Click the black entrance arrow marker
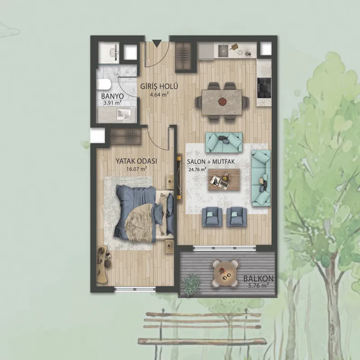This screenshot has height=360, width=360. pyautogui.click(x=157, y=44)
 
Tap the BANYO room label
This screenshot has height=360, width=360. pyautogui.click(x=112, y=96)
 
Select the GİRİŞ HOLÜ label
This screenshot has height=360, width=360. pyautogui.click(x=159, y=86)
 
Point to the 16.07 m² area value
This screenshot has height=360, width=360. pyautogui.click(x=137, y=169)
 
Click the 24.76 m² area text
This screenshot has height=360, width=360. pyautogui.click(x=197, y=170)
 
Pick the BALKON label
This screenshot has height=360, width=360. pyautogui.click(x=258, y=279)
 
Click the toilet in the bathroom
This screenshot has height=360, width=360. pyautogui.click(x=104, y=85)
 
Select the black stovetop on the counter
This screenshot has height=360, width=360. pyautogui.click(x=264, y=88)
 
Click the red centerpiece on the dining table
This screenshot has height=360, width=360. pyautogui.click(x=222, y=100)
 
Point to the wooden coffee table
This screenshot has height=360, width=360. pyautogui.click(x=224, y=180)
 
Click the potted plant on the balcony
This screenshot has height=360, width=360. pyautogui.click(x=192, y=284)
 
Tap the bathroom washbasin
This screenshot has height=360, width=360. pyautogui.click(x=124, y=114)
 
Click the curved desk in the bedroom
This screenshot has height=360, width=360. pyautogui.click(x=103, y=264)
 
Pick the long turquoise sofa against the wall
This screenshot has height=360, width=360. pyautogui.click(x=261, y=178)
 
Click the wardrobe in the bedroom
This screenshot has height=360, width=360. pyautogui.click(x=126, y=137)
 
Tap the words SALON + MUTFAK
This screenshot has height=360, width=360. pyautogui.click(x=211, y=162)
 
